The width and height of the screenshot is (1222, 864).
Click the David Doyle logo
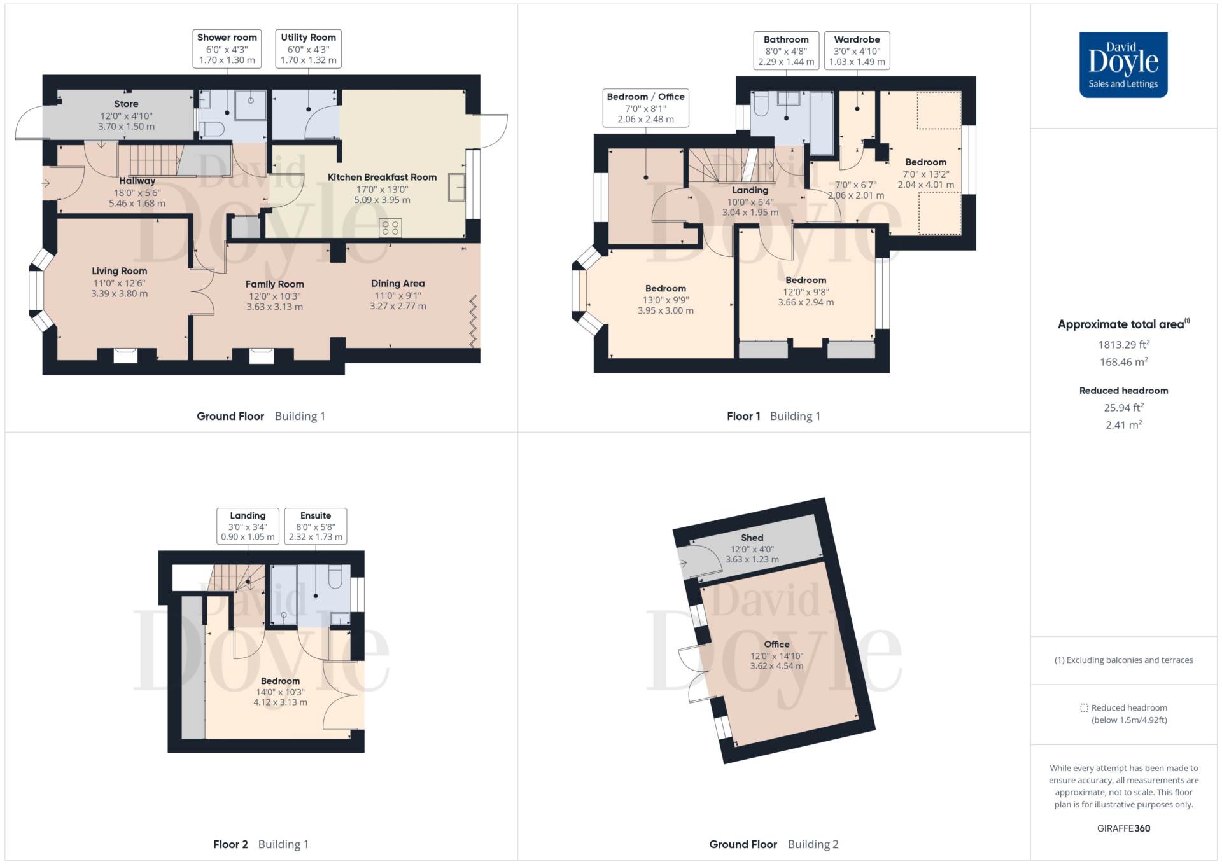pos(1123,64)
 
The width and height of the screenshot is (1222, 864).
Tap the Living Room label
pos(119,271)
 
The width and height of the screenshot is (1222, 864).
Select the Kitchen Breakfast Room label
pos(382,177)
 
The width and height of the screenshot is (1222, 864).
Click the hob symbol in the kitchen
pos(390,228)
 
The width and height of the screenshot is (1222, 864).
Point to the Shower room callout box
pos(227,48)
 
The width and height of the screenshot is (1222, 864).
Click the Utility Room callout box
pos(309,48)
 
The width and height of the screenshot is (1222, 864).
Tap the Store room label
pos(126,104)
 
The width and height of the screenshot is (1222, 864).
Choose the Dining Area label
pos(398,283)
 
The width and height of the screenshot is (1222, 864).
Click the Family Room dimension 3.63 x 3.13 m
pos(274,307)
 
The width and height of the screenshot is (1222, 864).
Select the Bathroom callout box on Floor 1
pos(786,50)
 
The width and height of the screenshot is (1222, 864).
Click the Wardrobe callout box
pos(857,50)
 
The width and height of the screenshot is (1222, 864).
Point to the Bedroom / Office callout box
pos(645,108)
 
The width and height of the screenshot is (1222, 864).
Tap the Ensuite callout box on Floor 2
pos(316,526)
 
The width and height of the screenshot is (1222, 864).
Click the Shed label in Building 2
pos(752,538)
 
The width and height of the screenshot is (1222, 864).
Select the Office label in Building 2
pos(776,644)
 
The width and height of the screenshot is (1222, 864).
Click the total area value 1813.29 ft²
pos(1123,344)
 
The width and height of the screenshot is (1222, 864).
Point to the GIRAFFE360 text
pos(1123,828)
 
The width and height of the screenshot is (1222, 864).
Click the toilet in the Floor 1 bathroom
pos(761,105)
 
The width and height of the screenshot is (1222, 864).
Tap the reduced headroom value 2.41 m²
pos(1123,424)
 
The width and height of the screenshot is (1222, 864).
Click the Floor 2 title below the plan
pos(230,844)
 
